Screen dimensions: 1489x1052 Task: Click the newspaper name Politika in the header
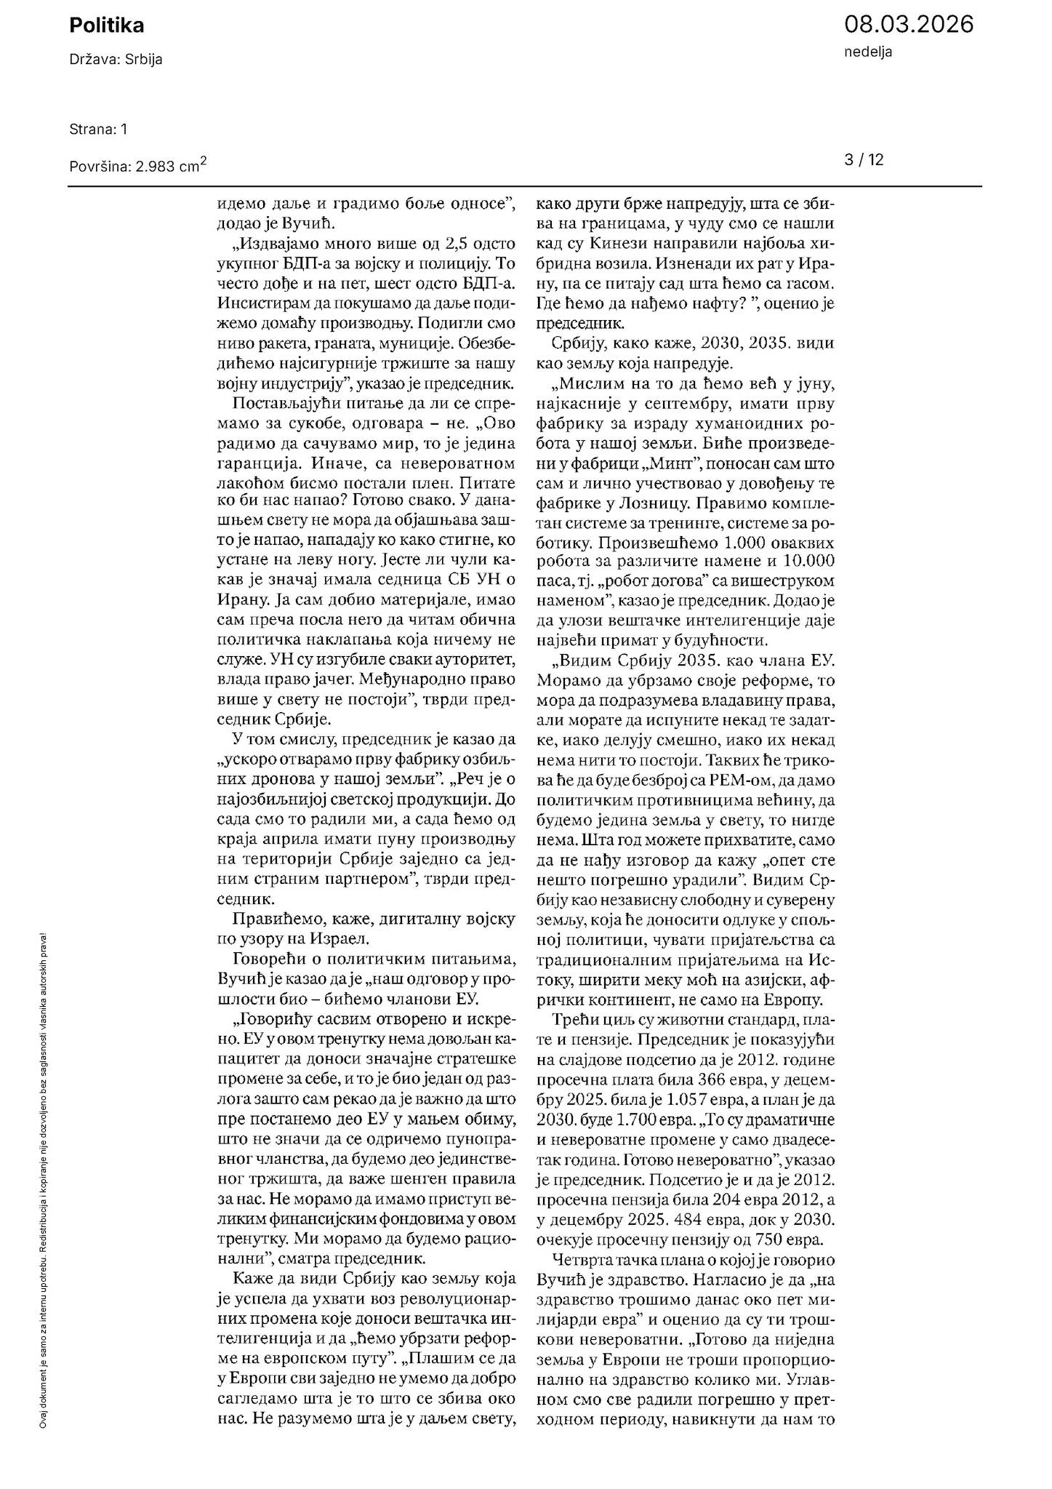[107, 26]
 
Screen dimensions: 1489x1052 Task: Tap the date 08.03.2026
[908, 25]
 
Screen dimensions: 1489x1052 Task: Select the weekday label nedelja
[868, 52]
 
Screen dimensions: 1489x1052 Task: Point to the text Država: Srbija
[116, 60]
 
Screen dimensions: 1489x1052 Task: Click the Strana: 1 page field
[98, 129]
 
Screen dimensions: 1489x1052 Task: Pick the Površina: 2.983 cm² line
[138, 165]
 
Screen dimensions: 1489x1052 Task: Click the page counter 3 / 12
[864, 160]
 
